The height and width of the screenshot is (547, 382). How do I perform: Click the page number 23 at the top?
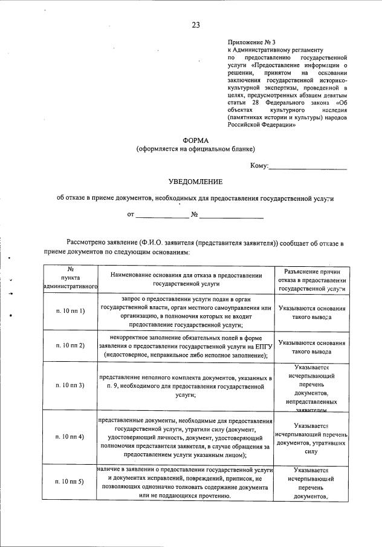pos(195,25)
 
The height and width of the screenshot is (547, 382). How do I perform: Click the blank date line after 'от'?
pos(162,215)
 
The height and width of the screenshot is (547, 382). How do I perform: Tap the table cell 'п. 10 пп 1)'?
pos(70,311)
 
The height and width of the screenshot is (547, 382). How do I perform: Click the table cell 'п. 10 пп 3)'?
pos(70,385)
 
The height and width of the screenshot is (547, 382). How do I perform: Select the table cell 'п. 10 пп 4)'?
pos(70,436)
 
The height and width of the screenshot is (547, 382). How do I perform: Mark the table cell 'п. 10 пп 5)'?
pos(70,481)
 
